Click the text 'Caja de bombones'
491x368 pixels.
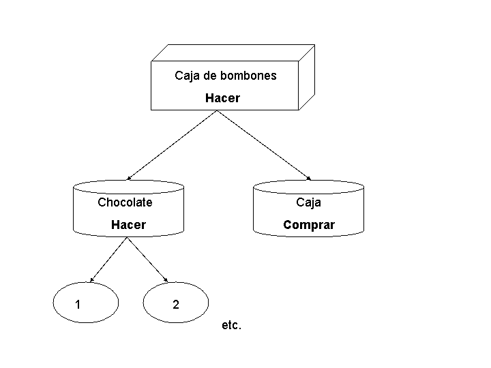(226, 76)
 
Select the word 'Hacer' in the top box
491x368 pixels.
(222, 98)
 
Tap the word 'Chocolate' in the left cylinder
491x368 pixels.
(125, 202)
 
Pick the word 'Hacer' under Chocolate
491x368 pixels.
(128, 225)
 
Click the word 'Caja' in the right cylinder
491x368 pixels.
(308, 202)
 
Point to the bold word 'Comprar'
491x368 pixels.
(309, 225)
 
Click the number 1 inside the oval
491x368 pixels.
(78, 305)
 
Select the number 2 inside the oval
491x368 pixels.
(176, 305)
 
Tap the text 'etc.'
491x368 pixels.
(232, 326)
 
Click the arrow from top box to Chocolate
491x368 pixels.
(172, 145)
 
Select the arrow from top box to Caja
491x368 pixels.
(265, 145)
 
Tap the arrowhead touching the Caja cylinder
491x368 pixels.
(309, 179)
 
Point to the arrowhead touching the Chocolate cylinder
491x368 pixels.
(129, 178)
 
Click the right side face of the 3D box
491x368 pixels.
(307, 76)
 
